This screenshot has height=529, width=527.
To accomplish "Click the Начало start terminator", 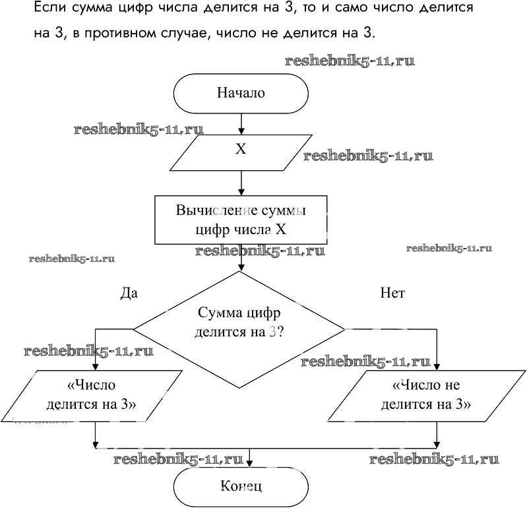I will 241,93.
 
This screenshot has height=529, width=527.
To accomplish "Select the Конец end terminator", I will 241,487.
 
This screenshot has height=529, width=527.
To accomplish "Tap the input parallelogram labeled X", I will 241,150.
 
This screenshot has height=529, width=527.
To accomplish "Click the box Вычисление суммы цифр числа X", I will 241,220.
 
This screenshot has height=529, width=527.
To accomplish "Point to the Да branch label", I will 129,293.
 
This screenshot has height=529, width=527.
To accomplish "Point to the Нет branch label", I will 392,293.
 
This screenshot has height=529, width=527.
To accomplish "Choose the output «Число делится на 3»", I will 96,395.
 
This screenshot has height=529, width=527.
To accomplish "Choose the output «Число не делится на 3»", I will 425,395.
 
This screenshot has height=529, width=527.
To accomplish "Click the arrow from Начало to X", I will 241,123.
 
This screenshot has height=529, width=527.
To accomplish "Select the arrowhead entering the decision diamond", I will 241,266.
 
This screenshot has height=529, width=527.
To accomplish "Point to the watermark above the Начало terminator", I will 350,61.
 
